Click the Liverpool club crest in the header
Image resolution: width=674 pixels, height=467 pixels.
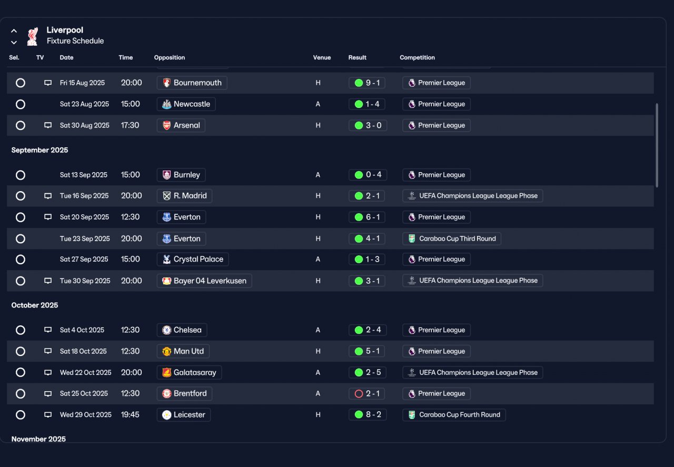(33, 36)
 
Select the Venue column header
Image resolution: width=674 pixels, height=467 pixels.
(322, 57)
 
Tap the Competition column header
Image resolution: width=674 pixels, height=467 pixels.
(417, 57)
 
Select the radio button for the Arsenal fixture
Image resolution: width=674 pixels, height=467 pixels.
(21, 125)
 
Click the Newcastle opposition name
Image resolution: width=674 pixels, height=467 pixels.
(192, 104)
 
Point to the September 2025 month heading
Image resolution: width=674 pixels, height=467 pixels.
(39, 150)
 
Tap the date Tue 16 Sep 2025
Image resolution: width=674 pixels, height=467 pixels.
(84, 196)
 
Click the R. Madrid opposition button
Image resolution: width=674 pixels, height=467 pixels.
(184, 196)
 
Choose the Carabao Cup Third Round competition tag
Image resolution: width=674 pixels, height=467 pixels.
(452, 239)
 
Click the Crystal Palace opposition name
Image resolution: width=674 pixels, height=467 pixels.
(199, 260)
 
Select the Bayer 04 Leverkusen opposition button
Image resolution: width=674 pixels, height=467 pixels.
(204, 281)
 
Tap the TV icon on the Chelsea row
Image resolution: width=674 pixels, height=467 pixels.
(48, 330)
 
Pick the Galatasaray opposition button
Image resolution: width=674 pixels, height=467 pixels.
(189, 373)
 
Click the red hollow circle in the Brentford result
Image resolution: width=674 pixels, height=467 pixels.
(359, 394)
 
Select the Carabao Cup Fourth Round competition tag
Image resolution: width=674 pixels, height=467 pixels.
(454, 415)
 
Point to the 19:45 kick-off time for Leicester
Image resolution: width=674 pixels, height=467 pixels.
(130, 415)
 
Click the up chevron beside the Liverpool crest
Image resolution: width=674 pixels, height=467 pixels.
(14, 31)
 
